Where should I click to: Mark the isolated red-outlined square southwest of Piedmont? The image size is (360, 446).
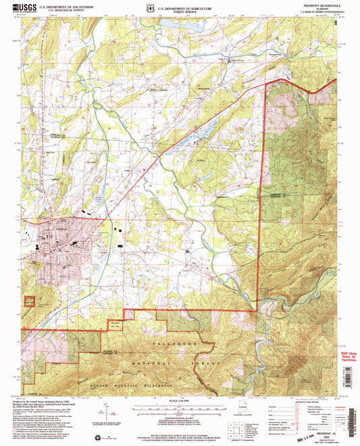click(x=30, y=301)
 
